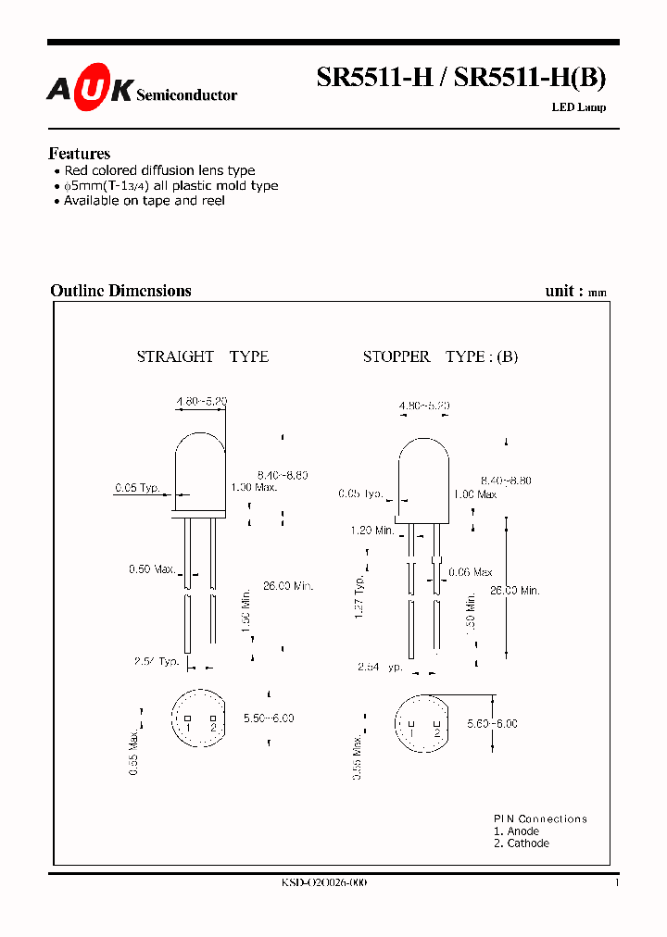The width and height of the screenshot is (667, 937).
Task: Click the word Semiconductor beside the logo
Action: point(186,95)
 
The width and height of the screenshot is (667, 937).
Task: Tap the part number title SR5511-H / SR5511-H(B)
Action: point(461,79)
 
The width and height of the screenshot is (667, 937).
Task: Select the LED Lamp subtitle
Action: point(579,107)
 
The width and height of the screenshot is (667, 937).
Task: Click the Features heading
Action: point(79,154)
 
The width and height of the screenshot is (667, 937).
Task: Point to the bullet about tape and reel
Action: point(144,201)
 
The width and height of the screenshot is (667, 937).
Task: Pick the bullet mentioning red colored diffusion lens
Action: point(158,170)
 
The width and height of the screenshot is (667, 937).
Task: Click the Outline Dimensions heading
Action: point(120,291)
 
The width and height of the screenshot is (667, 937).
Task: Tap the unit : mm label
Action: point(575,291)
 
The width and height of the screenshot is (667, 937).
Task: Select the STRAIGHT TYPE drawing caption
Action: point(203,356)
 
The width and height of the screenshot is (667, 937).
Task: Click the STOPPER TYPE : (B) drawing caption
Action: point(440,356)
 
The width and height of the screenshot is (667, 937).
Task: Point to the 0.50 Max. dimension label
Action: point(152,569)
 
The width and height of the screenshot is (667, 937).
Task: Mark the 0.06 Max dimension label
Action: point(471,573)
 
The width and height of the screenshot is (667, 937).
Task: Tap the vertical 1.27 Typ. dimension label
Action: point(359,597)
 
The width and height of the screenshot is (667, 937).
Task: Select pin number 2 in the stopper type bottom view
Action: point(436,732)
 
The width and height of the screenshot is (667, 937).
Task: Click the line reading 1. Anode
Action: point(516,831)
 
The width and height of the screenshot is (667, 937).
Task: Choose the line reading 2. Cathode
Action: point(521,843)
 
